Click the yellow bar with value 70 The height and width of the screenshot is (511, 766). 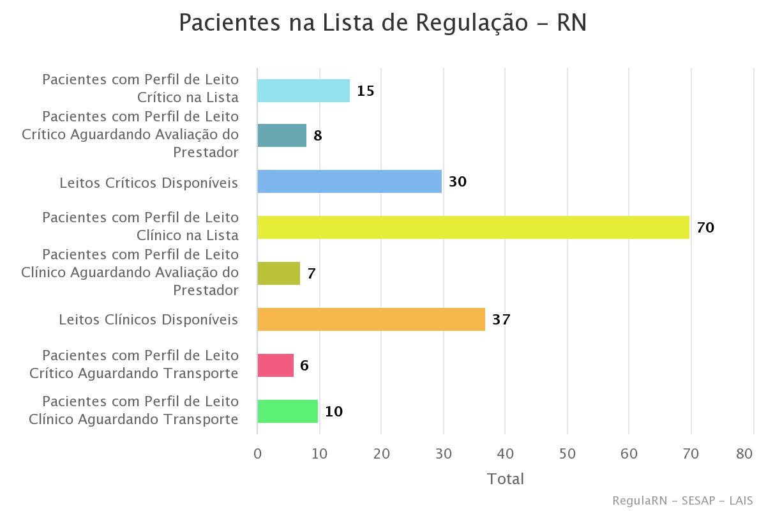pyautogui.click(x=473, y=227)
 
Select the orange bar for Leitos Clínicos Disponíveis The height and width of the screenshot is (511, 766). pyautogui.click(x=371, y=319)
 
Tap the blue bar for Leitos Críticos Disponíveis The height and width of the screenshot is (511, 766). pyautogui.click(x=349, y=181)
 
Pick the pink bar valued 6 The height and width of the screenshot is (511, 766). pyautogui.click(x=275, y=365)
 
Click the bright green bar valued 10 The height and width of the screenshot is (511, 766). pyautogui.click(x=287, y=411)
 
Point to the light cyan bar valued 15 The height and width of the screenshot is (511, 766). pyautogui.click(x=303, y=91)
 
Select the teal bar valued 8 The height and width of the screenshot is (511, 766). pyautogui.click(x=282, y=135)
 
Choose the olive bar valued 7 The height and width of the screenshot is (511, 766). pyautogui.click(x=278, y=273)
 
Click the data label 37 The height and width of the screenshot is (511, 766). pyautogui.click(x=501, y=319)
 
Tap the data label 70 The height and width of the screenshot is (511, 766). pyautogui.click(x=705, y=227)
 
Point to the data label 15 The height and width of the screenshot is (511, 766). pyautogui.click(x=365, y=91)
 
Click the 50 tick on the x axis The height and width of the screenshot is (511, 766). pyautogui.click(x=567, y=454)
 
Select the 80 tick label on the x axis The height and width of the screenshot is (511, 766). pyautogui.click(x=744, y=454)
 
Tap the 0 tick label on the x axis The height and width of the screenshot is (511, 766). pyautogui.click(x=257, y=454)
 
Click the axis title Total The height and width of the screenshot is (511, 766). pyautogui.click(x=505, y=479)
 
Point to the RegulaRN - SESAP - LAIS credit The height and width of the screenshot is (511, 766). pyautogui.click(x=682, y=500)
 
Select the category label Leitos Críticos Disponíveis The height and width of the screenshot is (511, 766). pyautogui.click(x=149, y=183)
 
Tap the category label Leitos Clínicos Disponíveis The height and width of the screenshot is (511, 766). pyautogui.click(x=149, y=319)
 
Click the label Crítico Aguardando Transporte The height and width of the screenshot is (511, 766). pyautogui.click(x=134, y=373)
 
